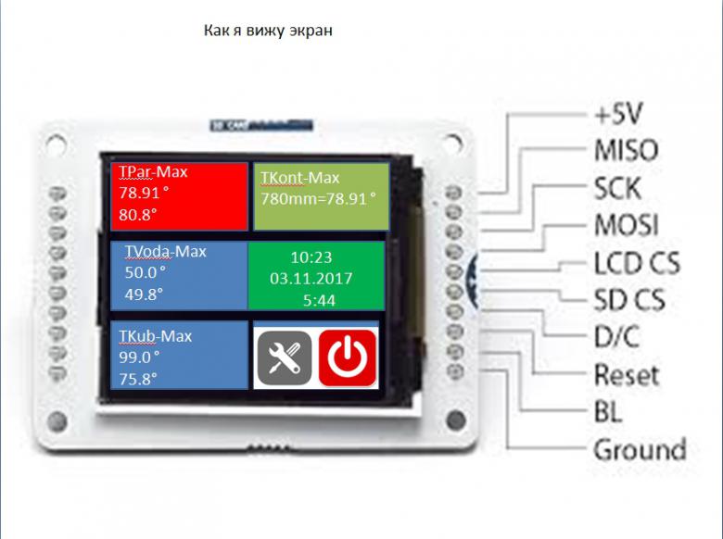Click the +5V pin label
[x=618, y=113]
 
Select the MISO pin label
[x=627, y=150]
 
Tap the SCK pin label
[x=617, y=188]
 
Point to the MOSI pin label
[x=627, y=225]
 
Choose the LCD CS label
[x=637, y=263]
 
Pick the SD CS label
[x=629, y=300]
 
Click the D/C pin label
[x=616, y=337]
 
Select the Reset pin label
[x=627, y=374]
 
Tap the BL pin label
[x=608, y=411]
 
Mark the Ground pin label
[x=640, y=449]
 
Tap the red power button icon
[x=348, y=357]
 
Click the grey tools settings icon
[x=285, y=358]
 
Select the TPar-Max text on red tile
[x=153, y=172]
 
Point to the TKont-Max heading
[x=299, y=178]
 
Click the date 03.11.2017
[x=311, y=278]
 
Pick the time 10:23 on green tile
[x=311, y=257]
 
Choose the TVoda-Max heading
[x=166, y=252]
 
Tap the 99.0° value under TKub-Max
[x=139, y=357]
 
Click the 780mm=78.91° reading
[x=318, y=199]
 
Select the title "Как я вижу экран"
[x=268, y=31]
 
